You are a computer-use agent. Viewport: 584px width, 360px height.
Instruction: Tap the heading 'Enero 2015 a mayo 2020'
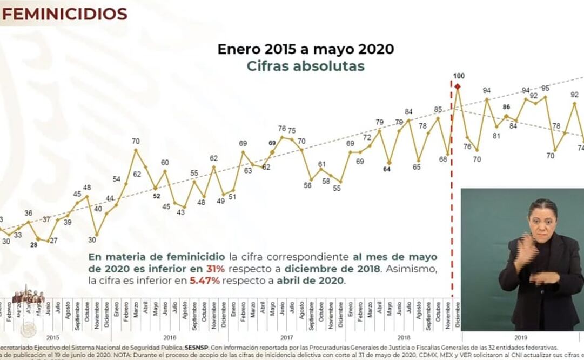(x=305, y=49)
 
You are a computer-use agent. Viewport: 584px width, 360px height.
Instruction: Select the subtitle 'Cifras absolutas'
(x=305, y=66)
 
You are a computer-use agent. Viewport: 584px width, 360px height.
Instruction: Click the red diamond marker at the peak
(x=458, y=86)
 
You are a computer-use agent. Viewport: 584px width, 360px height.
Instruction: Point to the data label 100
(x=459, y=76)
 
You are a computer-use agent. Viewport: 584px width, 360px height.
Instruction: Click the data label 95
(x=545, y=88)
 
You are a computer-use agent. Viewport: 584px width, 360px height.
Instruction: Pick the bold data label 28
(x=33, y=245)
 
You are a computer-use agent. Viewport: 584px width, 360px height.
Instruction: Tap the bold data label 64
(x=387, y=169)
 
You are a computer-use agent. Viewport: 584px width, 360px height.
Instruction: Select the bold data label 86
(x=506, y=107)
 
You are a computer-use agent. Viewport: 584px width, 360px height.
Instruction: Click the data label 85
(x=438, y=110)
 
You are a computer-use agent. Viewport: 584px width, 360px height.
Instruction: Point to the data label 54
(x=116, y=179)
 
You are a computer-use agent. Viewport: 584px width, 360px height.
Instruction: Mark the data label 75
(x=291, y=130)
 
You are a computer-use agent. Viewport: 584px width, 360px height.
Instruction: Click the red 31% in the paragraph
(x=212, y=269)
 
